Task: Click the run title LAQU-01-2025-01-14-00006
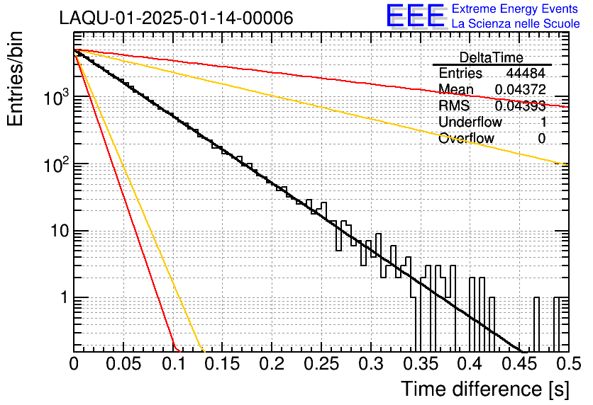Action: [176, 18]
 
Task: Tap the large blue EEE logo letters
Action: [415, 16]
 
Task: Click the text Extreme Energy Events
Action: [516, 9]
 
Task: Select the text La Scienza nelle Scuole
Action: [516, 24]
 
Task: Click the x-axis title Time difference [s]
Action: [484, 389]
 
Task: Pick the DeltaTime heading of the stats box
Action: [492, 57]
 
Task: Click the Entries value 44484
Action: [526, 74]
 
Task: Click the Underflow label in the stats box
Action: [470, 122]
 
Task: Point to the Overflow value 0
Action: [541, 139]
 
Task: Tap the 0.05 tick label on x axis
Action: [123, 364]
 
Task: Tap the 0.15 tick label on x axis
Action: [222, 364]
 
